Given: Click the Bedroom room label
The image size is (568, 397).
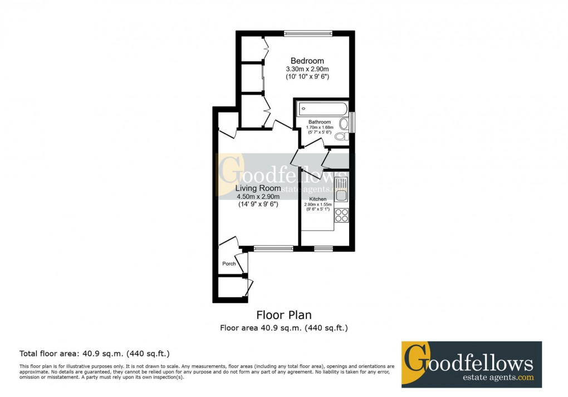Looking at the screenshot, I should click(x=307, y=61).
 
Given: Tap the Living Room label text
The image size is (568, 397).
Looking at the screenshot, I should click(x=258, y=188).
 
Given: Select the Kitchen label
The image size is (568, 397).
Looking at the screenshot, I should click(x=318, y=199).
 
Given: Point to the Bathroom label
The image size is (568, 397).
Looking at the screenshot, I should click(x=320, y=122).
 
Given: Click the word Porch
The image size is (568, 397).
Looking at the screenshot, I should click(x=229, y=263).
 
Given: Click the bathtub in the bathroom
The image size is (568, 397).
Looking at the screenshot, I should click(x=323, y=109).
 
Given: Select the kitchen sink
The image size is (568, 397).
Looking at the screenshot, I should click(x=341, y=189).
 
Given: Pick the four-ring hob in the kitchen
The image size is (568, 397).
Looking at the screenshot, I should click(x=341, y=215).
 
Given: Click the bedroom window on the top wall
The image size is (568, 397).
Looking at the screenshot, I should click(x=308, y=33).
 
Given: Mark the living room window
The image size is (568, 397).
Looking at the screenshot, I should click(x=273, y=248).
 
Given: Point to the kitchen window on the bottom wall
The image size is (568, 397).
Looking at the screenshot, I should click(x=323, y=248).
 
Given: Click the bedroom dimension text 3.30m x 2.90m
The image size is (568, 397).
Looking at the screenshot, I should click(x=307, y=68).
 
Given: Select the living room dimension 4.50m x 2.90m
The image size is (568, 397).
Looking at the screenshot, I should click(x=258, y=197).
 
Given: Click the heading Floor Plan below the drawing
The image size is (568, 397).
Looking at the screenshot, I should click(x=284, y=316).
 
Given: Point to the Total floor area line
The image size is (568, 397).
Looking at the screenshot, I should click(x=95, y=353).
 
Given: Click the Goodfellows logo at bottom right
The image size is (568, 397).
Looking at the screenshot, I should click(x=471, y=365).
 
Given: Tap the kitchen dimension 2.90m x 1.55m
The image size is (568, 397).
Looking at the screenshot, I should click(x=318, y=204).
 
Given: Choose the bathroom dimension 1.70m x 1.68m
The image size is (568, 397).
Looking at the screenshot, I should click(x=319, y=128).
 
